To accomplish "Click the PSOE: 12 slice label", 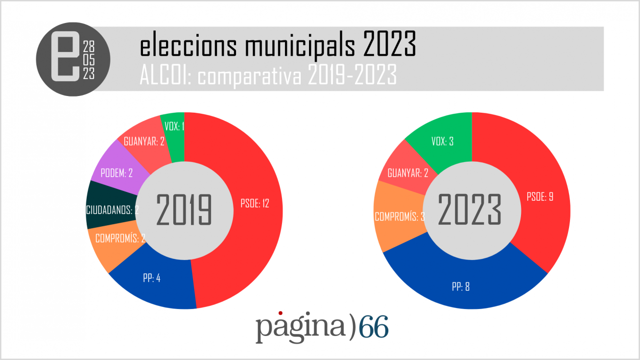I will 255,204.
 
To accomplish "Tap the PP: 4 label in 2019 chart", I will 152,278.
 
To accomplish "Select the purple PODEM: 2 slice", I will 117,173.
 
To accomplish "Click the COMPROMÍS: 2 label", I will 120,239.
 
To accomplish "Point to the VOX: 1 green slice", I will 174,127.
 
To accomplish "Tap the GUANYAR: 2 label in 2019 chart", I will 144,142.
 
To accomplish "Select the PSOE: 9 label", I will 540,197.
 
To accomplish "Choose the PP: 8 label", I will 460,287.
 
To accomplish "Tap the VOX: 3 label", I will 442,142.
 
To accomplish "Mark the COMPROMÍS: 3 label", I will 399,216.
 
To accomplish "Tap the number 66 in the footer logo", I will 374,327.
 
